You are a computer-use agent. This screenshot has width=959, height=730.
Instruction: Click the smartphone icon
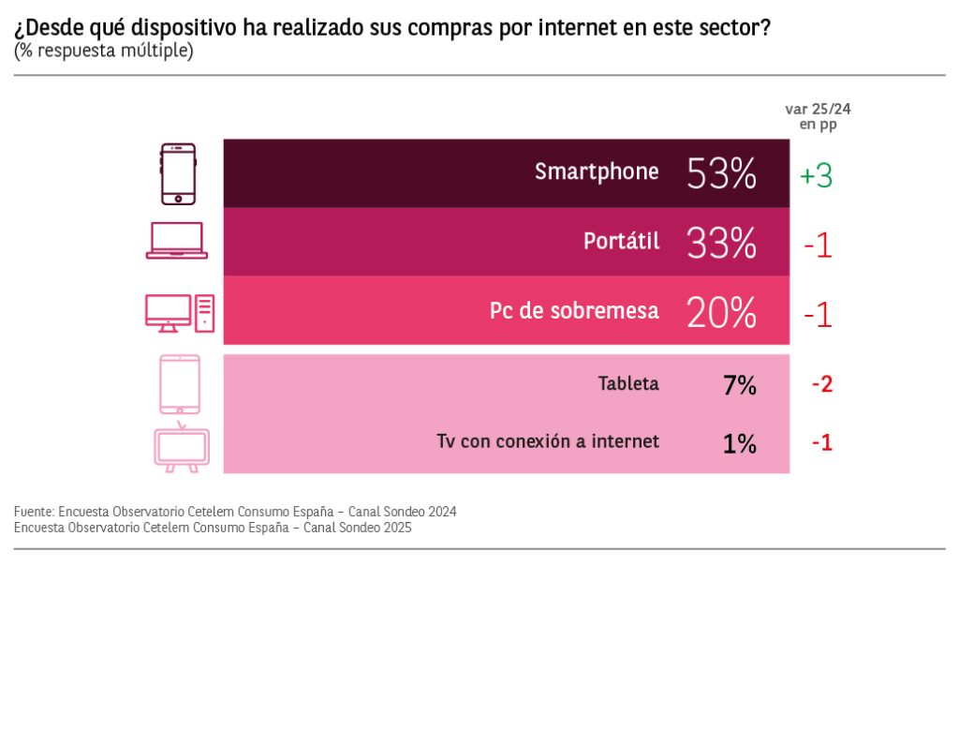pyautogui.click(x=178, y=173)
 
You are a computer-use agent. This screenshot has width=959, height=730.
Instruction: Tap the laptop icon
pyautogui.click(x=177, y=241)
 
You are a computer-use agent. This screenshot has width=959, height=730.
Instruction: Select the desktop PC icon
pyautogui.click(x=179, y=312)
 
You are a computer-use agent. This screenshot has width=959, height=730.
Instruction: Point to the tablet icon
pyautogui.click(x=179, y=383)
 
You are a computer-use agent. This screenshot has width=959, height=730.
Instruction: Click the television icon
pyautogui.click(x=181, y=448)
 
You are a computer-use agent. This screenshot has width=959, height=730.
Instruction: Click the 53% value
pyautogui.click(x=721, y=173)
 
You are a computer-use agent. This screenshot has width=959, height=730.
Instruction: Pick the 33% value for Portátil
pyautogui.click(x=721, y=244)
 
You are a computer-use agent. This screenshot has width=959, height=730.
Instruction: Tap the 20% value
pyautogui.click(x=721, y=312)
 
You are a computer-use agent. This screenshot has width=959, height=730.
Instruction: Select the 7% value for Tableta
pyautogui.click(x=739, y=384)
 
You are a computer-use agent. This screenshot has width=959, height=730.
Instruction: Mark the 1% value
pyautogui.click(x=739, y=442)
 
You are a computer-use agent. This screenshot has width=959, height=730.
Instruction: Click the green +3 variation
pyautogui.click(x=816, y=176)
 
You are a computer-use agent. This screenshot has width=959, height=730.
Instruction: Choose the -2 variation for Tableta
pyautogui.click(x=821, y=384)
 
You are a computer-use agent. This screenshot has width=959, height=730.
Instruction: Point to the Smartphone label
pyautogui.click(x=597, y=172)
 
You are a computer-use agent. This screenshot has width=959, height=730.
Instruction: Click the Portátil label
pyautogui.click(x=621, y=242)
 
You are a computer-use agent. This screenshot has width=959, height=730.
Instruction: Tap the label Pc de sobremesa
pyautogui.click(x=574, y=311)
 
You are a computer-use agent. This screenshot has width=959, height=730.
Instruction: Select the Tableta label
pyautogui.click(x=628, y=384)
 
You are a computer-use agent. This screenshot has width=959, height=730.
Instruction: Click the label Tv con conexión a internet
pyautogui.click(x=548, y=441)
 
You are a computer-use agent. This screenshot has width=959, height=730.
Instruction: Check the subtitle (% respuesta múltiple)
pyautogui.click(x=104, y=51)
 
